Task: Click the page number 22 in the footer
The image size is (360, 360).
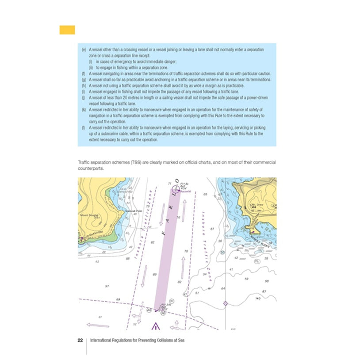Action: (80, 340)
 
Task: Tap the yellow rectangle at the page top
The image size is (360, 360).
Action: (67, 30)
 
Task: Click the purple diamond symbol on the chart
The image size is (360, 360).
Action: (225, 303)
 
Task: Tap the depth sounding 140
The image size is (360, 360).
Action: (258, 299)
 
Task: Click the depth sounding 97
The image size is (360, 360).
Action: (107, 286)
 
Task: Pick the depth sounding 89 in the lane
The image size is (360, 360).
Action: (155, 275)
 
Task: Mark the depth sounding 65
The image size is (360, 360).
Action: (205, 194)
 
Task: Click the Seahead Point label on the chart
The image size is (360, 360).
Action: (133, 211)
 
